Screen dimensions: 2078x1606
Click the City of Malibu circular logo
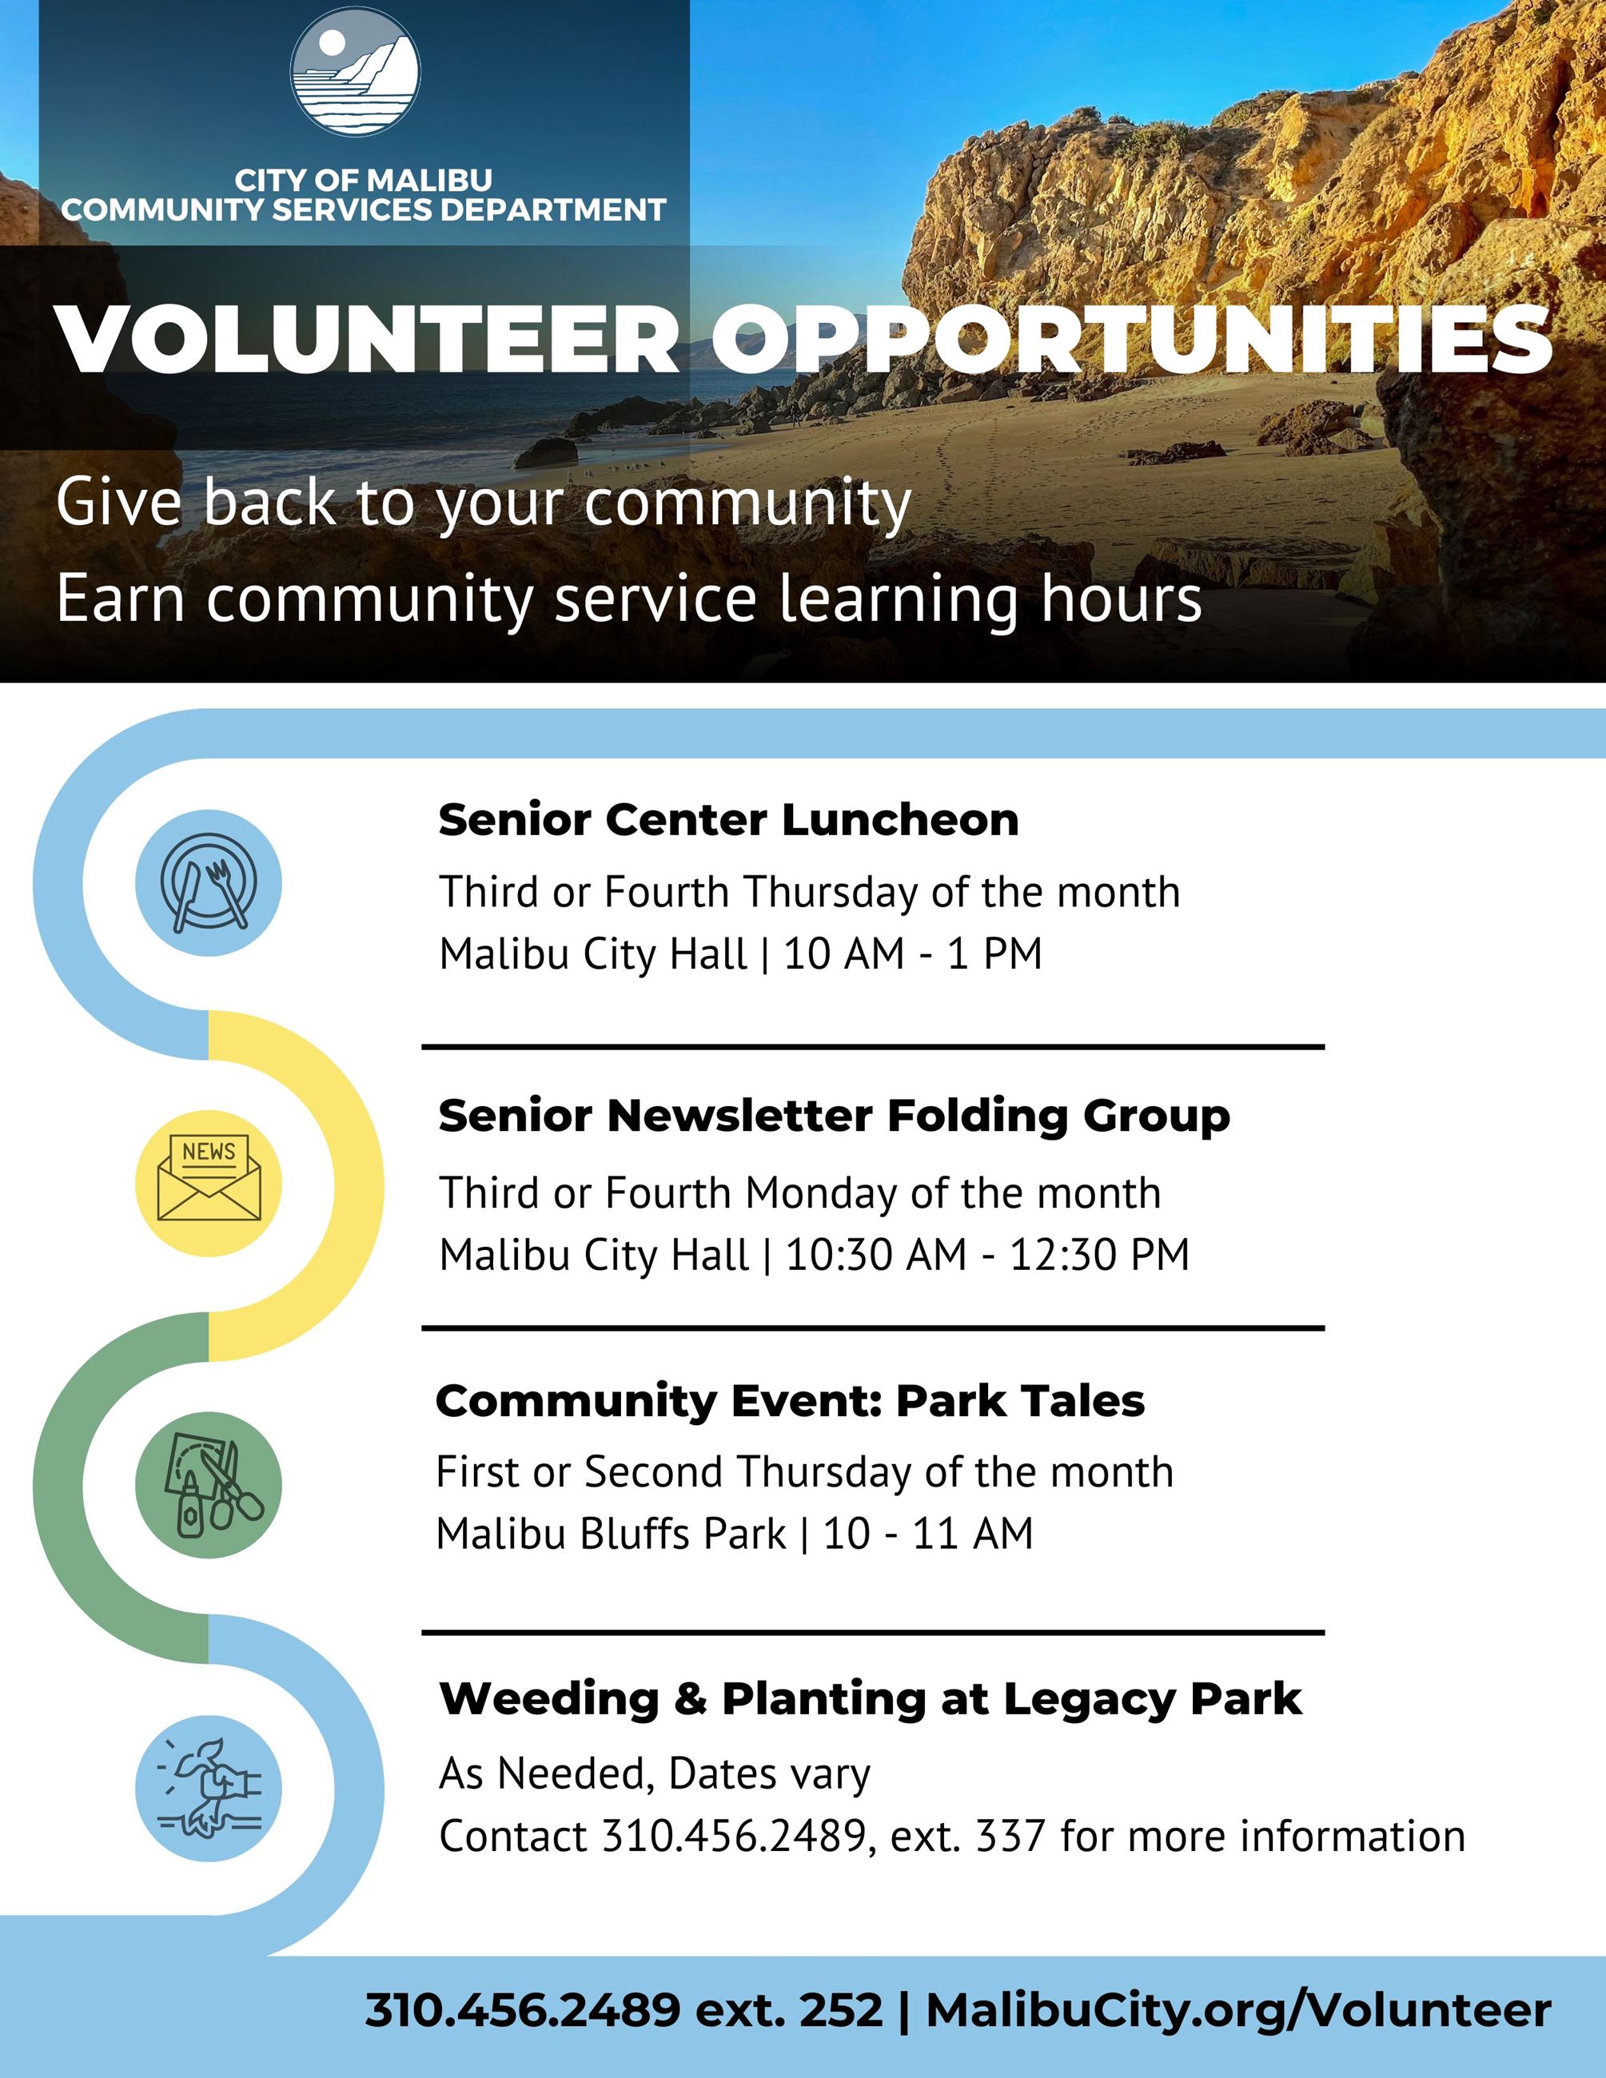(354, 72)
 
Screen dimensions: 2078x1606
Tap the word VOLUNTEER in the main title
(366, 340)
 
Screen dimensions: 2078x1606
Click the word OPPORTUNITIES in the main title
(1131, 340)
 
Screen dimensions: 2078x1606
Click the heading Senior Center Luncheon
(727, 820)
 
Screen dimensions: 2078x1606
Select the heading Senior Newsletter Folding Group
(834, 1116)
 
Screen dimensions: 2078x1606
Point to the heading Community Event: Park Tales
(790, 1400)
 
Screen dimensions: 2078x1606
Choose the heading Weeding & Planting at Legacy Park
(870, 1699)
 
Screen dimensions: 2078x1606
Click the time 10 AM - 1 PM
(912, 954)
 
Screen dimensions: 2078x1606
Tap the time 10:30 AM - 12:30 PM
(987, 1255)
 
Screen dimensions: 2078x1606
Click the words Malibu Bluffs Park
(611, 1534)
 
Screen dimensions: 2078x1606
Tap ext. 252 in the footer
(789, 2010)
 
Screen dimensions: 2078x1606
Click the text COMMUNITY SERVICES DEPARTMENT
(364, 210)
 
